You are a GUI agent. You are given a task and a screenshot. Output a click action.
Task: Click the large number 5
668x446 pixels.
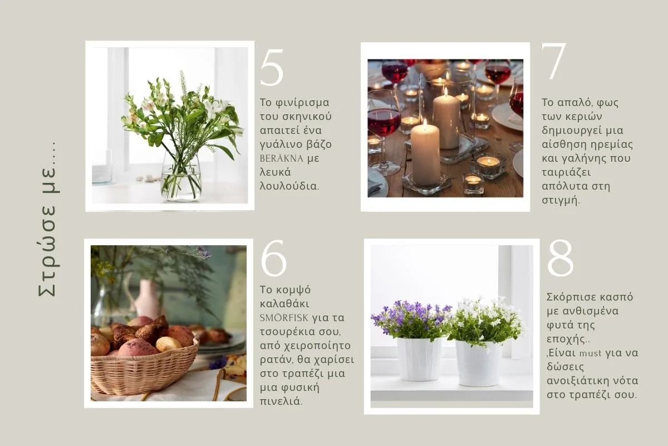pos(272,69)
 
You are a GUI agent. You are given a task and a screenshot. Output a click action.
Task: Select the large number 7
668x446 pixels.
pos(554,62)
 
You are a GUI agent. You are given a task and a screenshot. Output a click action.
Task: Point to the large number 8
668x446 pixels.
pos(561,258)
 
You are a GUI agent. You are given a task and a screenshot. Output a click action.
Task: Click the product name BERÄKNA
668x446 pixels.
pos(282,158)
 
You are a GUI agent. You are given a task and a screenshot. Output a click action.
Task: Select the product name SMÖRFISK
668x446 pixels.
pos(284,318)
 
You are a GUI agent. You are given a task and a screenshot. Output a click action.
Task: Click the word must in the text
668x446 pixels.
pos(591,353)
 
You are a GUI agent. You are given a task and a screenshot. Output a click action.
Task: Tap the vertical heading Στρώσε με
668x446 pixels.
pos(48,220)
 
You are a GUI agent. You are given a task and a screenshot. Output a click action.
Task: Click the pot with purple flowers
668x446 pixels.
pos(419,359)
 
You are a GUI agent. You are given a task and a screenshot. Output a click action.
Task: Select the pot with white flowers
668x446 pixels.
pos(479,363)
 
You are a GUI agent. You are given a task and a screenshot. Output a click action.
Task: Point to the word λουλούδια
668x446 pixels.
pos(289,186)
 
